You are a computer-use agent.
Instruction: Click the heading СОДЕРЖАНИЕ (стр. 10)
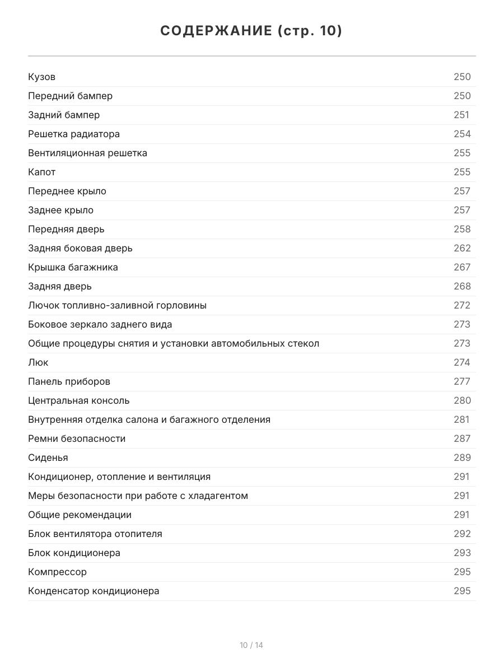click(251, 31)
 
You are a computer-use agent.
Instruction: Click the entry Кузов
click(42, 77)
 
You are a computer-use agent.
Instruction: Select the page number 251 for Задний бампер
click(461, 115)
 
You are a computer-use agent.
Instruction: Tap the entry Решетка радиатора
click(74, 134)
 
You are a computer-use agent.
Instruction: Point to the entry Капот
click(42, 172)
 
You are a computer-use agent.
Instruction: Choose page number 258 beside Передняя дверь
click(462, 229)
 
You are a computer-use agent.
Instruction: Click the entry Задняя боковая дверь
click(80, 248)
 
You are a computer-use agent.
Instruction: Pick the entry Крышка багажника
click(73, 267)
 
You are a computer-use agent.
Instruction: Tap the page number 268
click(462, 286)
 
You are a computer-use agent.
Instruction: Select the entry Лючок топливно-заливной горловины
click(117, 305)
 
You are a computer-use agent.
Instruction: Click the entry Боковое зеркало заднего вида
click(100, 324)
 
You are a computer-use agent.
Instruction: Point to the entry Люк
click(38, 362)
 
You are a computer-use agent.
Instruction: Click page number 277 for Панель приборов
click(462, 381)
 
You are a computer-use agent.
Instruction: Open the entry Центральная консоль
click(78, 400)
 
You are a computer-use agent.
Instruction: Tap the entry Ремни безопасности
click(77, 438)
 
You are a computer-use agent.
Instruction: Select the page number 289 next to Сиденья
click(462, 458)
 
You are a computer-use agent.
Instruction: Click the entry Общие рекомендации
click(80, 515)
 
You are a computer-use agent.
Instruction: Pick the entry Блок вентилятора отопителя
click(95, 534)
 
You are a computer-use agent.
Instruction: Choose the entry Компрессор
click(57, 572)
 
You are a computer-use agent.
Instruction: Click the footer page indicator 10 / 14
click(251, 645)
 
